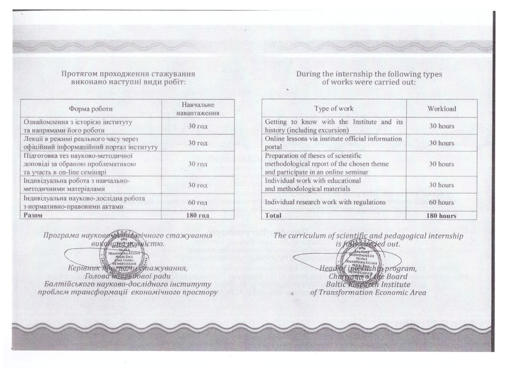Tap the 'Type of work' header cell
pos(334,108)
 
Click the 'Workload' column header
pos(441,108)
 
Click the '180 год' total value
pos(198,215)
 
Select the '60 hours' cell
pos(441,202)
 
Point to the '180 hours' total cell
pos(441,216)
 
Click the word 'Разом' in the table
pos(31,215)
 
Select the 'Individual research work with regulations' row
pos(325,202)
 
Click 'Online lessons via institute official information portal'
pos(333,143)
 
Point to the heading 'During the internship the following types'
pos(369,74)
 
